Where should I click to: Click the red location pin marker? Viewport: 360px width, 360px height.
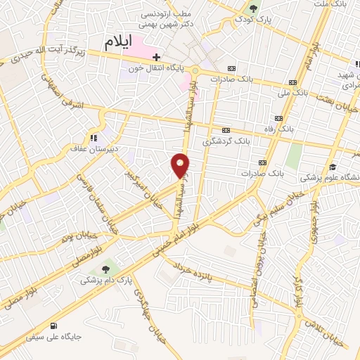(181, 165)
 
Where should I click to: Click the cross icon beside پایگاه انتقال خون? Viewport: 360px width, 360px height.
(157, 57)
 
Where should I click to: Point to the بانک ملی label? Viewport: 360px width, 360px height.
(294, 91)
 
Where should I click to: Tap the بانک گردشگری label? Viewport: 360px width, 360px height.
(226, 141)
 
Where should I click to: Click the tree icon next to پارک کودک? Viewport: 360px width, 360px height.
(253, 9)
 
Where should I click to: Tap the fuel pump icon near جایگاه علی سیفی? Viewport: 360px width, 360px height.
(54, 325)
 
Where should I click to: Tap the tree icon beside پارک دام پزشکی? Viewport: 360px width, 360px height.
(105, 268)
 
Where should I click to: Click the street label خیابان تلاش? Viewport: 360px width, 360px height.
(329, 330)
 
